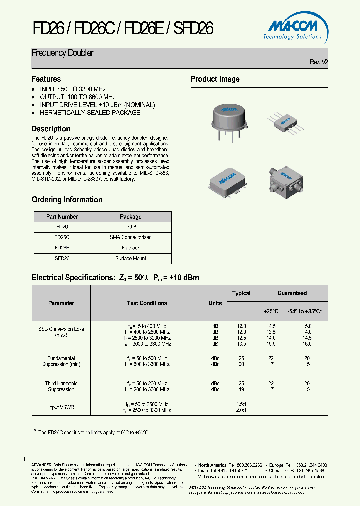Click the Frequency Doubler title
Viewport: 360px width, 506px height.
(x=63, y=53)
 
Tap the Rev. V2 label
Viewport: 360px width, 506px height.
(x=319, y=62)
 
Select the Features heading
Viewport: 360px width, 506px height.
(x=46, y=79)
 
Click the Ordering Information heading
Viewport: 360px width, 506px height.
(x=67, y=200)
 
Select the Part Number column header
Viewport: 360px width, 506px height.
(x=62, y=217)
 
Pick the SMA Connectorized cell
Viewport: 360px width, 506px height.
(x=131, y=237)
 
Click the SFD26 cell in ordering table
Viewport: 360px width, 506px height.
(x=62, y=258)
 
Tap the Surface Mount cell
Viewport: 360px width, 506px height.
(x=131, y=258)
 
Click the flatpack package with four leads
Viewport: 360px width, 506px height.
(x=287, y=121)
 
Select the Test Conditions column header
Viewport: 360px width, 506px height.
(x=147, y=303)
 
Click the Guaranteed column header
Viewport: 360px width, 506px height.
(x=292, y=293)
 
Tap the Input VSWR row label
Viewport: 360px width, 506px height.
(x=61, y=407)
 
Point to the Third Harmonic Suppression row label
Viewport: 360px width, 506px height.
(x=61, y=386)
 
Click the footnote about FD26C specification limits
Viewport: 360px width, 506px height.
(x=94, y=432)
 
